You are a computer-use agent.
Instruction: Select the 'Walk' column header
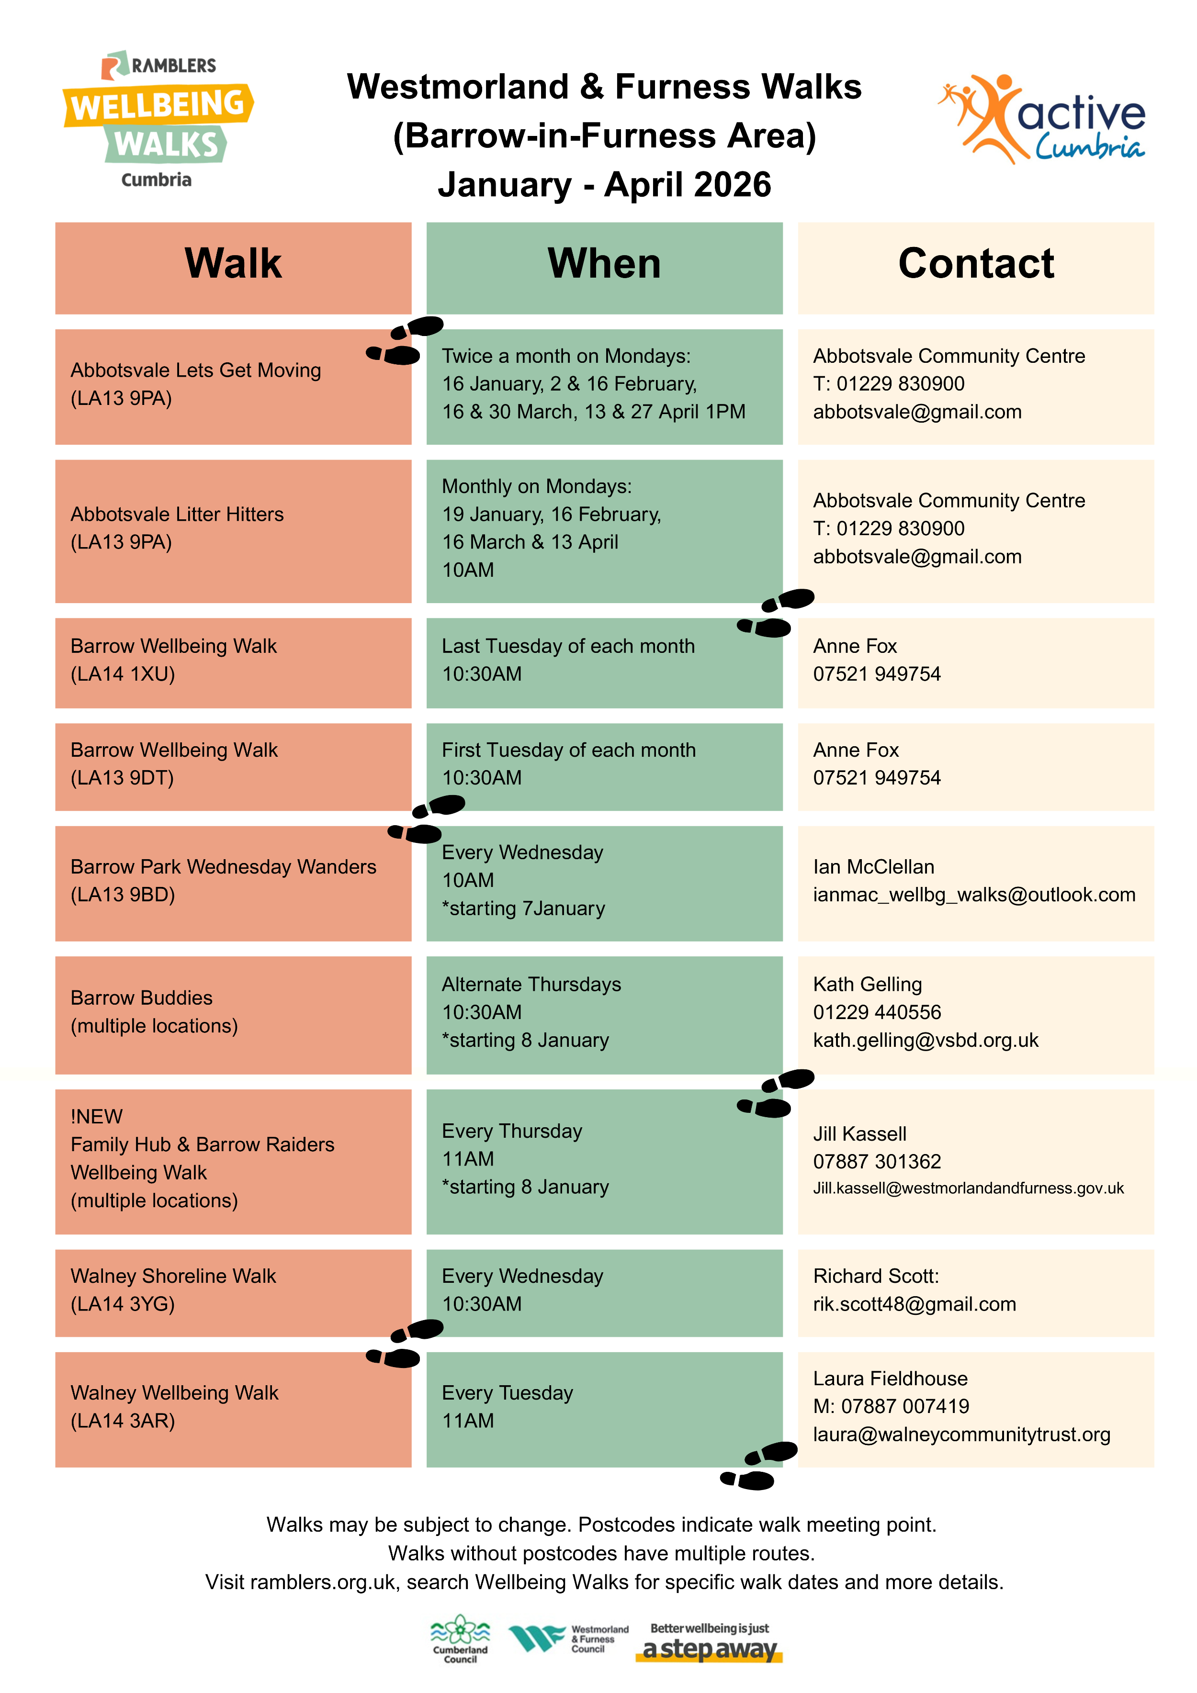233,264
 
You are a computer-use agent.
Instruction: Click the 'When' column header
604,264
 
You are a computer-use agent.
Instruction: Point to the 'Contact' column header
976,264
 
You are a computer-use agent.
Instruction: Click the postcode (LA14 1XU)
123,674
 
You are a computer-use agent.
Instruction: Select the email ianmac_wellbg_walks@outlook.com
973,895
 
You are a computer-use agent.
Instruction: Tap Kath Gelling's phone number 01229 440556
877,1012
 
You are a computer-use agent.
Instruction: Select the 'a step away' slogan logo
709,1642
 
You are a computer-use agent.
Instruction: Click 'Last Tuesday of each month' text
568,646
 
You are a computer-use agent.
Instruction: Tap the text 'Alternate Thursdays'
531,985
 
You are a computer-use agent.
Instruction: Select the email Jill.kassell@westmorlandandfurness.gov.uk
968,1188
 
